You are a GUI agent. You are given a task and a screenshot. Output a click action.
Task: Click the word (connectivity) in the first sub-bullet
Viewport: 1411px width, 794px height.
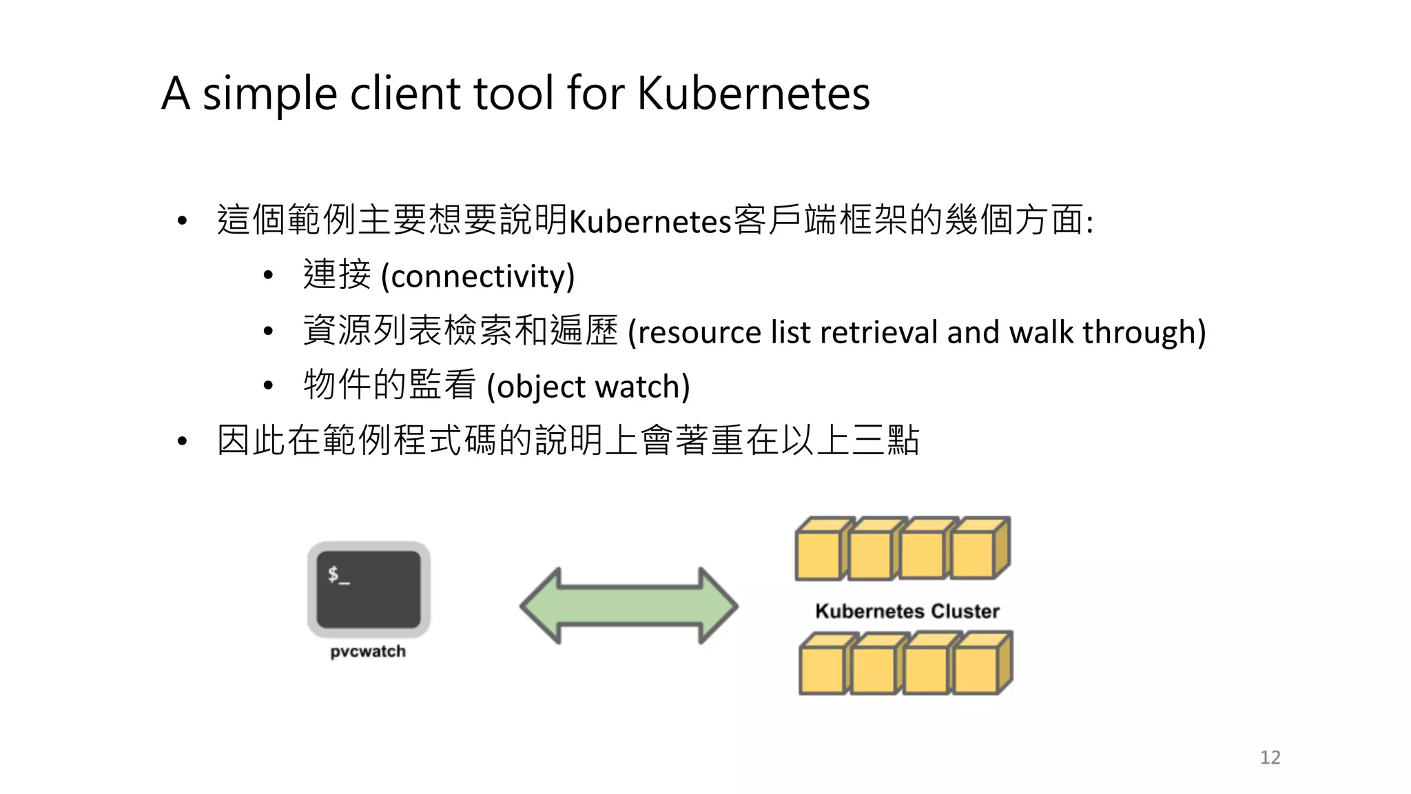(477, 276)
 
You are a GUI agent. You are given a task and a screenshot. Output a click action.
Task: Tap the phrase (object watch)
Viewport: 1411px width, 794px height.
(588, 387)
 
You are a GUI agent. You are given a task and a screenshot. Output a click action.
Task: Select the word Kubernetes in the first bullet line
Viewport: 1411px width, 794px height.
(650, 222)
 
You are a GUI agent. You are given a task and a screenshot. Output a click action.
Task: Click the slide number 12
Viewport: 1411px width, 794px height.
(1270, 757)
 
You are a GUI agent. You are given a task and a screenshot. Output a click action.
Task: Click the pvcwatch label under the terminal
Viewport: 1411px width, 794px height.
(368, 651)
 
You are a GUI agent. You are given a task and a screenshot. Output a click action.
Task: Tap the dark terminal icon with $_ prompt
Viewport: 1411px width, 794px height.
(369, 589)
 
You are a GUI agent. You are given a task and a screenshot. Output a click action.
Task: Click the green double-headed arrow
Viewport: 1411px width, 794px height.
(628, 606)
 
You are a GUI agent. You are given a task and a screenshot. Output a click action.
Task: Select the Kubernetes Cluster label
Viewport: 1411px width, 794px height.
(907, 611)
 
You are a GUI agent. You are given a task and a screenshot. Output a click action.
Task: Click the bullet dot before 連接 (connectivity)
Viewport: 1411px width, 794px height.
(268, 276)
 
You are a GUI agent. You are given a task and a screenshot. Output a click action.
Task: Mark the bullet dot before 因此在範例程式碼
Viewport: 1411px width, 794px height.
(182, 441)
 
